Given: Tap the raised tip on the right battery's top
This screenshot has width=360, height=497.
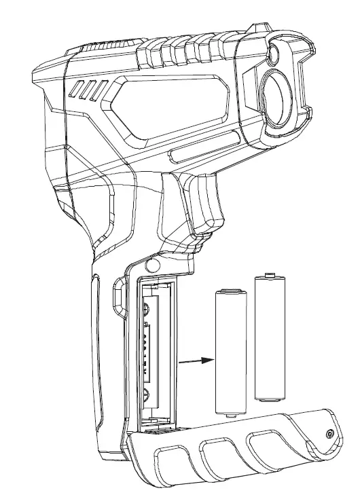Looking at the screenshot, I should [x=269, y=275].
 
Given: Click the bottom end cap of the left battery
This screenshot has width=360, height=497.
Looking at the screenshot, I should [x=230, y=410].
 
